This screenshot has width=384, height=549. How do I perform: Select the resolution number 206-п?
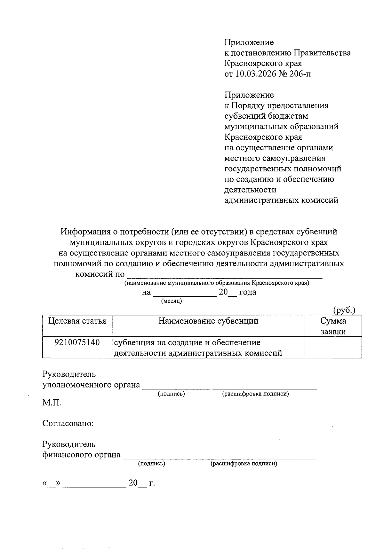click(299, 74)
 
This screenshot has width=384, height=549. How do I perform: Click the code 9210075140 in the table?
click(77, 342)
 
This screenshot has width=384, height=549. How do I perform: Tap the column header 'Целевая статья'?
click(77, 321)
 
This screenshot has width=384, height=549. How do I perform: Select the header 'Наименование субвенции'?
click(208, 321)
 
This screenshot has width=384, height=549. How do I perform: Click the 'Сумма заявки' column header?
click(333, 326)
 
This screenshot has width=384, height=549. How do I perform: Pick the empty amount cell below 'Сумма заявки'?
click(333, 348)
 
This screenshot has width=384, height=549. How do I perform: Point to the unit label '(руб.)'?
click(344, 310)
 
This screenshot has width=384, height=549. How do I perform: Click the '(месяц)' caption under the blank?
click(172, 301)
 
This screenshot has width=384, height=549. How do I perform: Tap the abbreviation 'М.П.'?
click(52, 403)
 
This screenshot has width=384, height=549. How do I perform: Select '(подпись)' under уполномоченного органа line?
click(172, 394)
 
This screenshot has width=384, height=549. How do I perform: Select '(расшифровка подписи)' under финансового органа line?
click(244, 463)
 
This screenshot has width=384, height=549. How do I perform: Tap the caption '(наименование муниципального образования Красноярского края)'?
click(217, 283)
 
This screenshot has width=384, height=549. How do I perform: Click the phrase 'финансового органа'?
click(81, 454)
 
